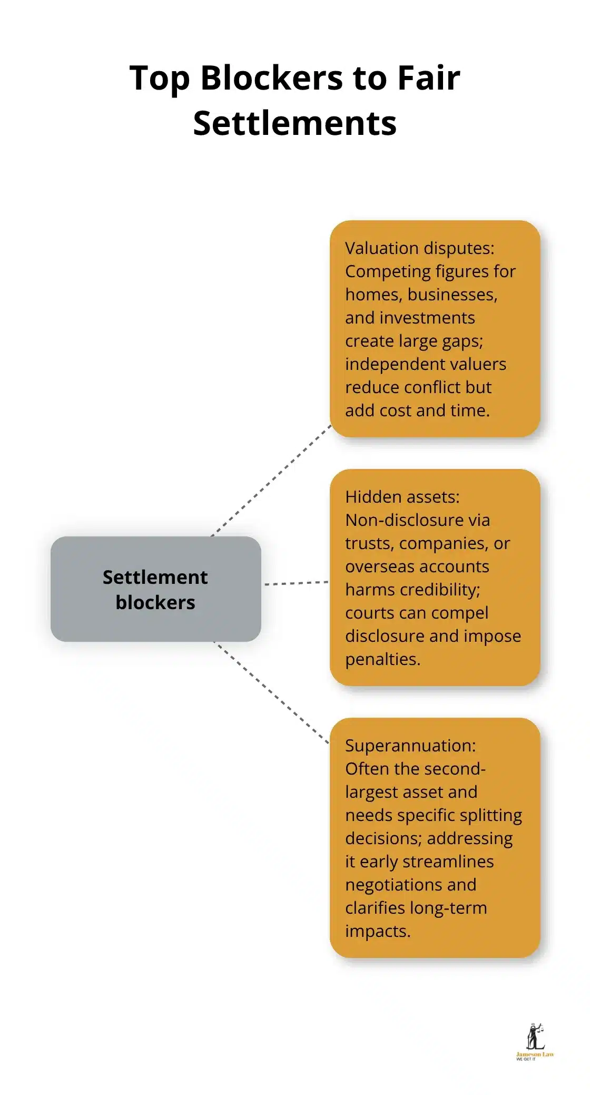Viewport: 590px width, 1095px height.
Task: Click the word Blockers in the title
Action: [x=271, y=78]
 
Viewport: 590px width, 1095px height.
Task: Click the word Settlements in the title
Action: [x=294, y=123]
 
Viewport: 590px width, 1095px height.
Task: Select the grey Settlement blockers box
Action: [x=155, y=589]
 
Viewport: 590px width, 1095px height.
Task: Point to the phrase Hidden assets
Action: [x=402, y=497]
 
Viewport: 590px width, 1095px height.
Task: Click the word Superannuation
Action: [x=410, y=746]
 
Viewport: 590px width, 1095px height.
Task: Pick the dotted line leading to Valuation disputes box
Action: [x=271, y=481]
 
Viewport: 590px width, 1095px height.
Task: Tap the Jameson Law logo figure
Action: [x=535, y=1037]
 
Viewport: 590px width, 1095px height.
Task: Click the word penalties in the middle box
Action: [x=382, y=659]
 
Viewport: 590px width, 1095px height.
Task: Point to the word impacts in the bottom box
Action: [x=377, y=931]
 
